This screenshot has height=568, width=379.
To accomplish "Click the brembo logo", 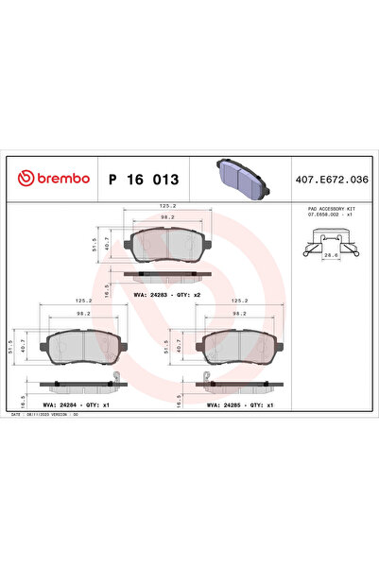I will [x=54, y=178].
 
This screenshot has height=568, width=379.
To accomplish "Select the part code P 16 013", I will [x=143, y=178].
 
